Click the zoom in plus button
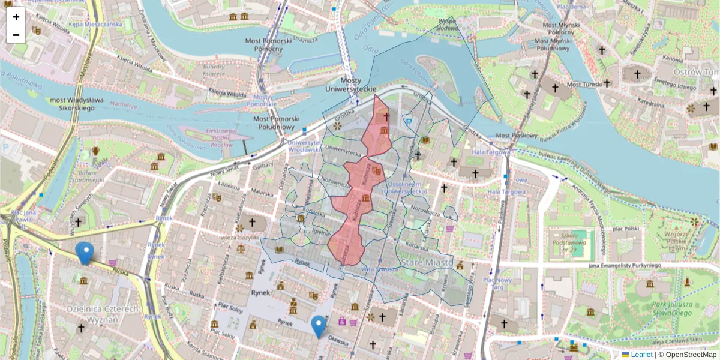tap(16, 17)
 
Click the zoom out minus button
tap(16, 35)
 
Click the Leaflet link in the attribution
tap(641, 355)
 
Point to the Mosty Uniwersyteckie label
tap(350, 85)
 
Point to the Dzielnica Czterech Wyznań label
tap(102, 313)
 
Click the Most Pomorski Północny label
tap(268, 45)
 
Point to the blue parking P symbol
tap(409, 122)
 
